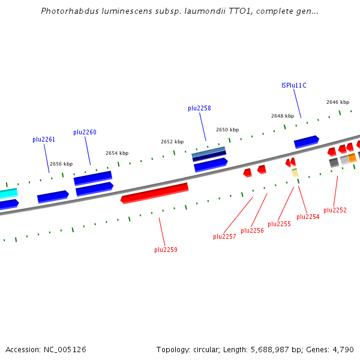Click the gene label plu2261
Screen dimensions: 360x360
pyautogui.click(x=44, y=139)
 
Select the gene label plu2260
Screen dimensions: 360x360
pyautogui.click(x=85, y=132)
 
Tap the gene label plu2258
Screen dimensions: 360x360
pyautogui.click(x=199, y=108)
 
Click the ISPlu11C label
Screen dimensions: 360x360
pyautogui.click(x=294, y=85)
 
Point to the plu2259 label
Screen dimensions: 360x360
pyautogui.click(x=166, y=250)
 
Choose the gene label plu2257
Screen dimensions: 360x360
pyautogui.click(x=224, y=236)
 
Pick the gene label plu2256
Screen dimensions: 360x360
pyautogui.click(x=252, y=230)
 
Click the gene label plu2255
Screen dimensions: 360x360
pyautogui.click(x=279, y=224)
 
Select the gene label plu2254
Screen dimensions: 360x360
pyautogui.click(x=308, y=217)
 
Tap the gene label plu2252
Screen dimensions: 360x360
pyautogui.click(x=335, y=210)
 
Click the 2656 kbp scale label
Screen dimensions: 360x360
pyautogui.click(x=61, y=164)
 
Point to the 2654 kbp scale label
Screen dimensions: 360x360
pyautogui.click(x=117, y=153)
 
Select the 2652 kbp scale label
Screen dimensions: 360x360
pyautogui.click(x=172, y=142)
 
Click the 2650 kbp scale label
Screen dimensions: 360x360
pyautogui.click(x=227, y=130)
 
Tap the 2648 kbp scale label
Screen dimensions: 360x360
pyautogui.click(x=283, y=116)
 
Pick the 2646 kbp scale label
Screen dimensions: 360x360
pyautogui.click(x=338, y=102)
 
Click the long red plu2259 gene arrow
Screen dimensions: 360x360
pyautogui.click(x=155, y=193)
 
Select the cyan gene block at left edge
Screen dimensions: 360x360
pyautogui.click(x=8, y=193)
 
